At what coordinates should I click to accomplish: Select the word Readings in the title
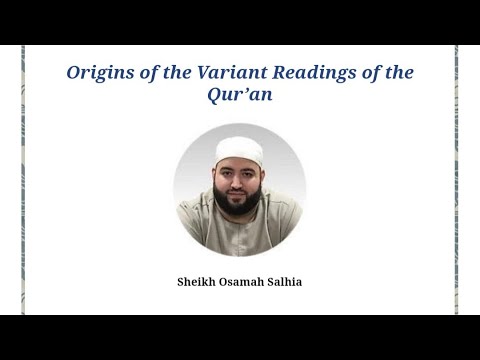click(x=304, y=74)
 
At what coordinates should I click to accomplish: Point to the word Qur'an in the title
click(x=240, y=97)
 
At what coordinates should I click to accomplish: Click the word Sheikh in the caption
click(x=196, y=282)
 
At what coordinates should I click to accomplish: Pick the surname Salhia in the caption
click(x=284, y=282)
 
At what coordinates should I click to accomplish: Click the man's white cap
click(x=240, y=149)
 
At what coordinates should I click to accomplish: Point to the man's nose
click(x=240, y=180)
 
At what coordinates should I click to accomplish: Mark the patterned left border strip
click(x=23, y=180)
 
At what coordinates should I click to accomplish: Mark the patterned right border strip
click(x=456, y=180)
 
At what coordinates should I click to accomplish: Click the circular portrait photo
click(x=240, y=190)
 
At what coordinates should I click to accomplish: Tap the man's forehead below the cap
click(x=240, y=165)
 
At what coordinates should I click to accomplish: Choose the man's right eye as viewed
click(x=250, y=173)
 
